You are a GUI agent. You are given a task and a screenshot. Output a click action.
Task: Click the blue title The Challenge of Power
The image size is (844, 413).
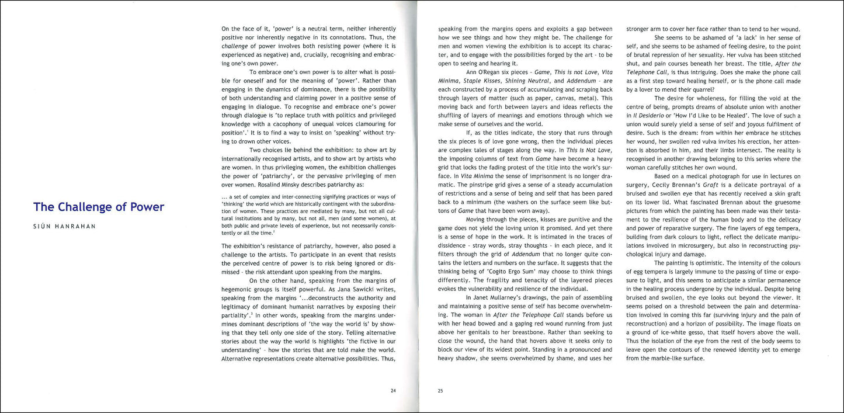click(x=99, y=207)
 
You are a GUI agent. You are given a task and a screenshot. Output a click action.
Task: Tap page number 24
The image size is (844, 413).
click(x=393, y=390)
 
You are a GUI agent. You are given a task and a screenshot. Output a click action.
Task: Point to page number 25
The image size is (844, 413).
click(x=440, y=390)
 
